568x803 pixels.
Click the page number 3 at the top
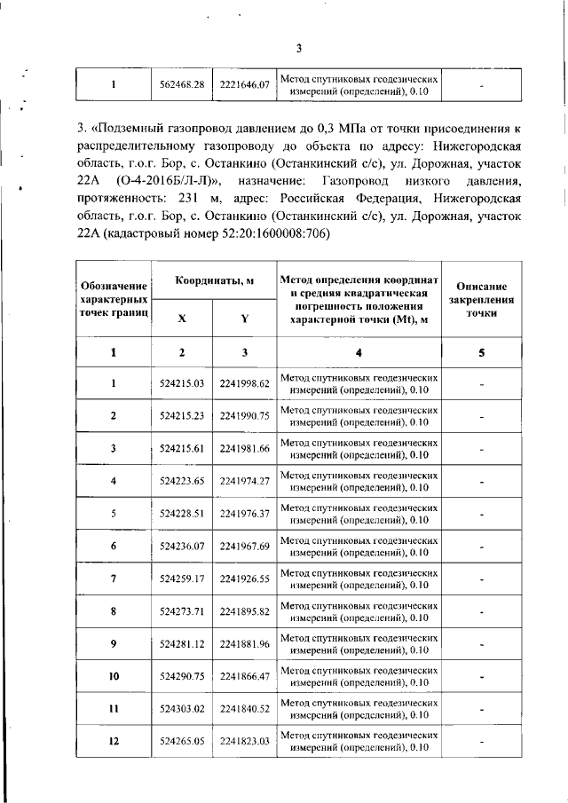coord(299,48)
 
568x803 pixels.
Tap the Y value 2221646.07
coord(244,85)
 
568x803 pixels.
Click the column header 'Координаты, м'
coord(213,280)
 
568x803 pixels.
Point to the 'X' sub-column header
coord(182,320)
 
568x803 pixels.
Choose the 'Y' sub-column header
coord(244,320)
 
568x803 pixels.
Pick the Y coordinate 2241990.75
coord(244,416)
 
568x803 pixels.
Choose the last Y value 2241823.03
coord(244,741)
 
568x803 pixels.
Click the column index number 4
coord(359,352)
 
